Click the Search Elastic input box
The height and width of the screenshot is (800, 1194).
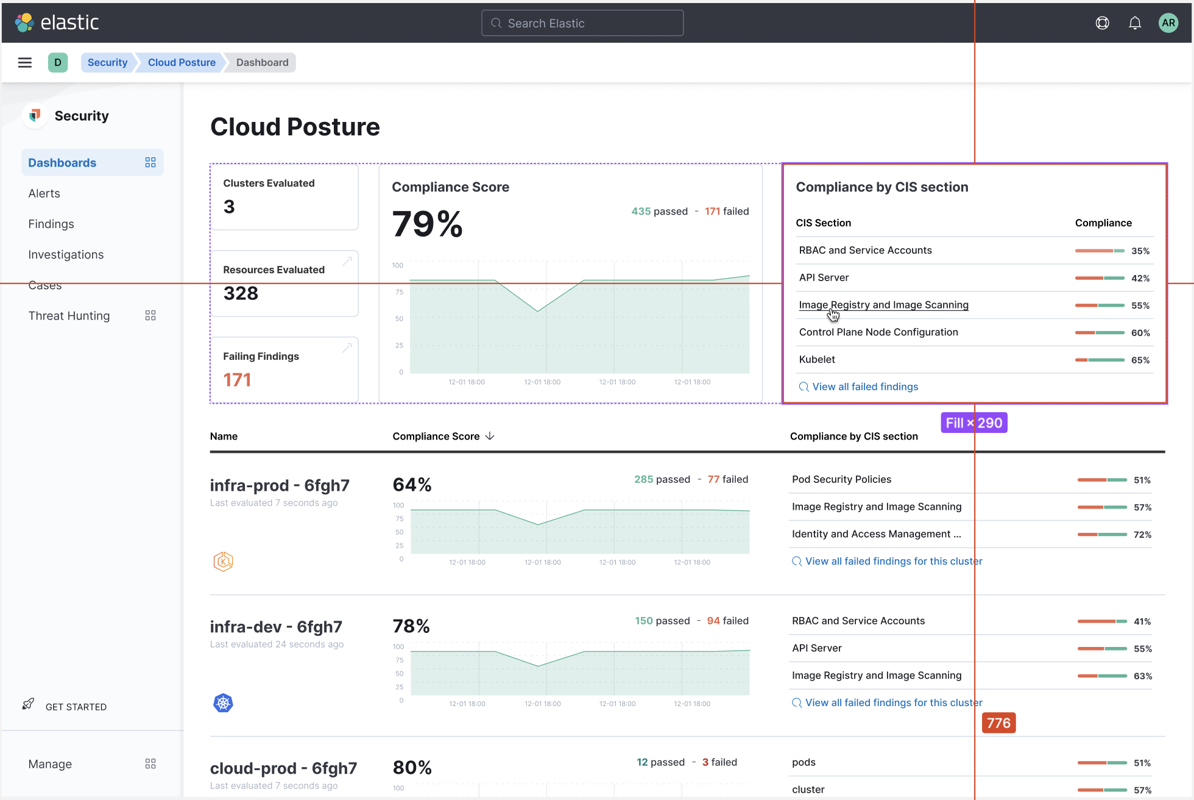582,23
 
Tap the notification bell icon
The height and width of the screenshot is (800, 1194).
1135,23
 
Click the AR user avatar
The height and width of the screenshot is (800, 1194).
1168,23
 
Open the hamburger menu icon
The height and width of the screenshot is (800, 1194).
25,62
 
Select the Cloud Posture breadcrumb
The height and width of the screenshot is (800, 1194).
182,62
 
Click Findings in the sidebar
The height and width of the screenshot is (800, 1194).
51,224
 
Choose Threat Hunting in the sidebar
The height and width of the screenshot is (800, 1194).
69,316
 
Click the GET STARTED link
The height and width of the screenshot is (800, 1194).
76,707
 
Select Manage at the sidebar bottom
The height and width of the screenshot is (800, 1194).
50,764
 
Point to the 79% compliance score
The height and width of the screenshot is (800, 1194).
427,224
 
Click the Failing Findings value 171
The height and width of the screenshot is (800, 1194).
237,380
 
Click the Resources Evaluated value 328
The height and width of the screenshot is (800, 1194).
241,293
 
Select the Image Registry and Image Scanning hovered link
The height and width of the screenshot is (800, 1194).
883,305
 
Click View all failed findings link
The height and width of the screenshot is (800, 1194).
864,387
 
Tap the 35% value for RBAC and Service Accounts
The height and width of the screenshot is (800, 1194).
1140,251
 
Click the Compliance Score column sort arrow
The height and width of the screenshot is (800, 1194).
490,436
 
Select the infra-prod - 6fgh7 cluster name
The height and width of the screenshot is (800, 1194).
280,485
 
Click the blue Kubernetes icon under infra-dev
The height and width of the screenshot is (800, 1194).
223,703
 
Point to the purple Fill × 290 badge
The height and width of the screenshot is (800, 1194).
973,423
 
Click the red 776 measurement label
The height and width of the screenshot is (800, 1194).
998,723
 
